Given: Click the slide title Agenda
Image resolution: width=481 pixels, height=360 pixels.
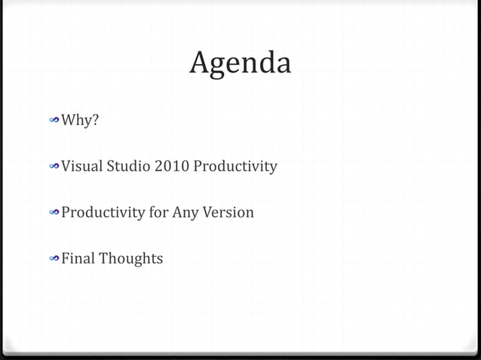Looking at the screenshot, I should coord(240,64).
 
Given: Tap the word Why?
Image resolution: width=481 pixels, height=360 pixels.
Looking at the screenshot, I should coord(80,120).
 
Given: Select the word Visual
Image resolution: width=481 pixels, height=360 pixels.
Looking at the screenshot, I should coord(81,166).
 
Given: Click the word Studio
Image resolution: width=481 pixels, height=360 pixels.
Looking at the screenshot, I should coord(128,166).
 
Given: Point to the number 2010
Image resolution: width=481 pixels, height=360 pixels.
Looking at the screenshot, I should coord(172,166).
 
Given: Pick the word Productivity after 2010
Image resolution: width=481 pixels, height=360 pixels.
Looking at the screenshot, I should coord(235,166).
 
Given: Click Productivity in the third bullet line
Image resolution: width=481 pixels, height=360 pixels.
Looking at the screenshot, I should coord(103,212).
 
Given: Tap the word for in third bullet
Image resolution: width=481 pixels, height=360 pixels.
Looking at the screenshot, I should coord(158,212).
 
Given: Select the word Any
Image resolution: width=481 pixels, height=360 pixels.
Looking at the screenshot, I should coord(185,212).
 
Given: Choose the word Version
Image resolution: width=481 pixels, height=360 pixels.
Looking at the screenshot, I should coord(228,212).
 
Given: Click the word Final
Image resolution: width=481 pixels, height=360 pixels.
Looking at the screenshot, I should coord(79,258).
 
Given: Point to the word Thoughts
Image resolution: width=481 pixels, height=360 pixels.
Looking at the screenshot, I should coord(133,258).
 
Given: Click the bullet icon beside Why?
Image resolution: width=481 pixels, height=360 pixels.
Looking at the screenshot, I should coord(54,120).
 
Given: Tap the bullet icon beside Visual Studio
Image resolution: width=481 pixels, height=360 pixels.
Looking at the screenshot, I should coord(54,166).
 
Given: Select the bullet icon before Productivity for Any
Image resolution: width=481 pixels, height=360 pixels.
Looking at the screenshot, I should coord(54,213).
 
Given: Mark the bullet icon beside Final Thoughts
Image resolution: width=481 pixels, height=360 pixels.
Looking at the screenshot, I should coord(54,259).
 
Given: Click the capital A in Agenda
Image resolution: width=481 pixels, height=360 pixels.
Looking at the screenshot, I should coord(199,63).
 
